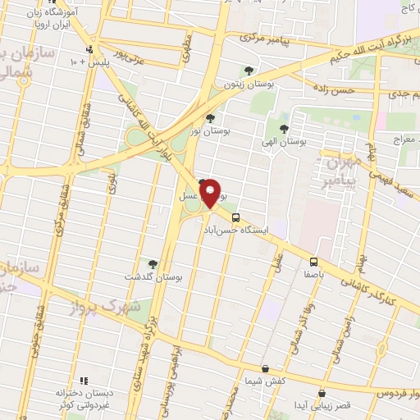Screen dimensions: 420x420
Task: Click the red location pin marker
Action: click(x=211, y=193)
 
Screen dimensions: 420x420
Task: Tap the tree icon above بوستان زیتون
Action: click(x=249, y=71)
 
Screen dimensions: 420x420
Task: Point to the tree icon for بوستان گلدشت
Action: click(x=153, y=263)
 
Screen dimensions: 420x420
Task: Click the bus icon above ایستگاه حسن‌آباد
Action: click(x=235, y=217)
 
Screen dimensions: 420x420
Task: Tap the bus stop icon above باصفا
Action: click(x=313, y=262)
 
